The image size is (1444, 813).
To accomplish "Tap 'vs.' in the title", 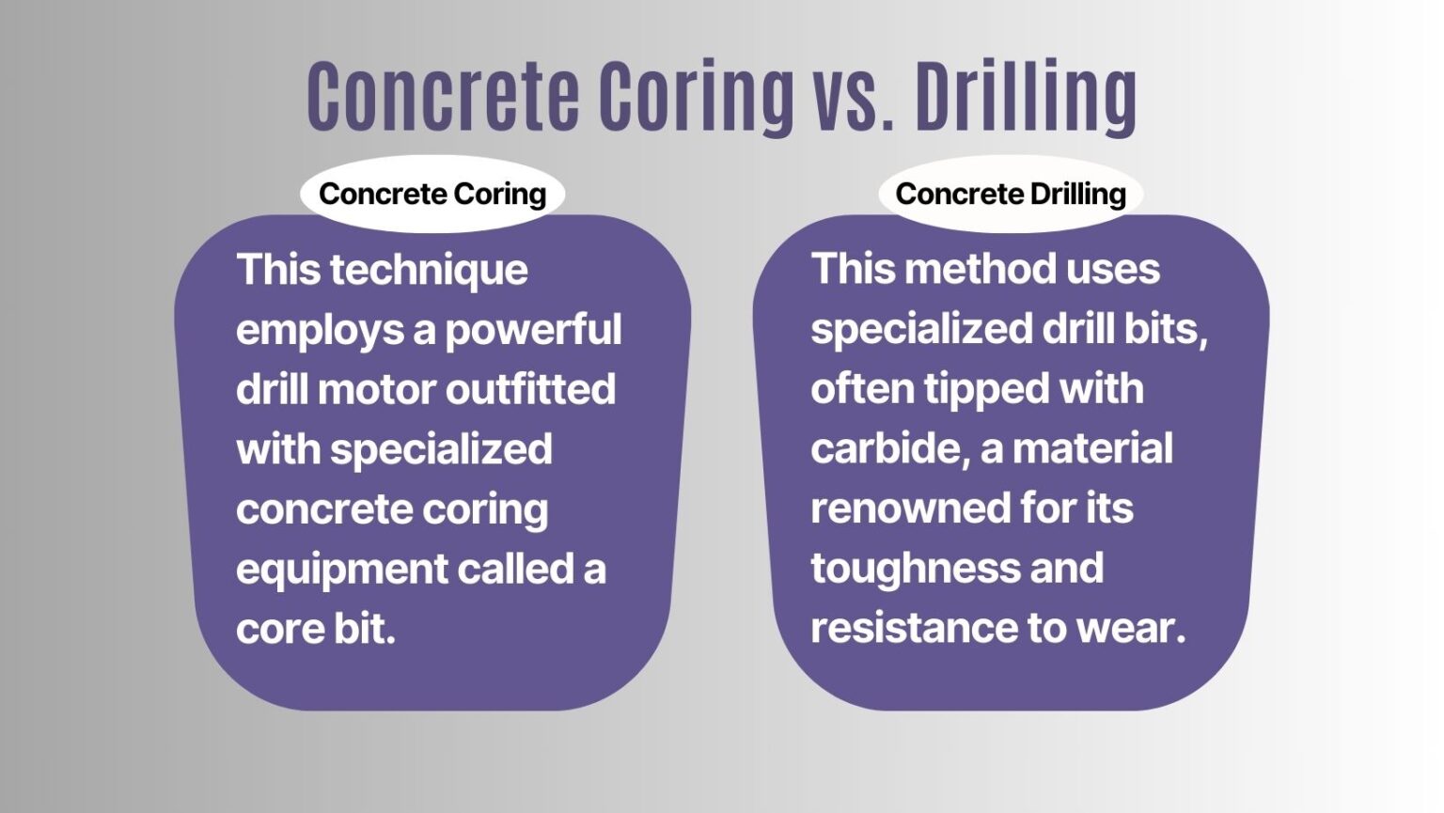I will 853,96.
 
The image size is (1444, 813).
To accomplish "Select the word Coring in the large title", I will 697,96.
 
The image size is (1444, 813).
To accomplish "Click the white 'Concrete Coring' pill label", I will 432,194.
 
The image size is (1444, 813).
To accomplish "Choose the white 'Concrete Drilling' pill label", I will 1011,194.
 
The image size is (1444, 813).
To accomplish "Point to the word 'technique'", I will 429,271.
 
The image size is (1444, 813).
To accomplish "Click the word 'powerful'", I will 533,330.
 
